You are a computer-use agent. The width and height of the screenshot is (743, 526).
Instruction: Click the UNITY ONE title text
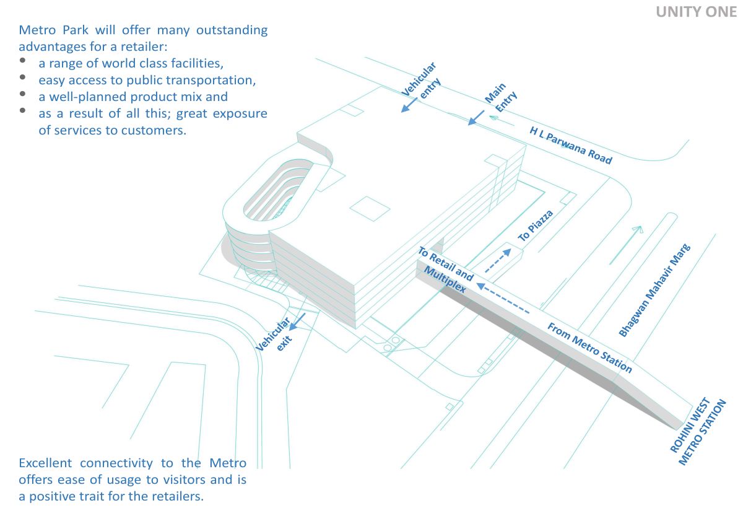coord(696,12)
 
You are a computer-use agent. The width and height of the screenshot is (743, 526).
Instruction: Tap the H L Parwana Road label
coord(570,146)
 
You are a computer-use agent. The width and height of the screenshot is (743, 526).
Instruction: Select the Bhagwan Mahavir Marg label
coord(654,290)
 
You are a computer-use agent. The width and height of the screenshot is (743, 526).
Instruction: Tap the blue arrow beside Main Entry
coord(476,117)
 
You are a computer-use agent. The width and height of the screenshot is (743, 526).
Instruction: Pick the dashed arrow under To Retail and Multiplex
coord(503,298)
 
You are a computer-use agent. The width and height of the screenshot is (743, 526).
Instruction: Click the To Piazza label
coord(535,226)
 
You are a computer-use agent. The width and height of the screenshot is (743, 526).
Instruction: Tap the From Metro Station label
coord(589,348)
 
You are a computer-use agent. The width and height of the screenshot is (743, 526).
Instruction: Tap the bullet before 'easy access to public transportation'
coord(24,77)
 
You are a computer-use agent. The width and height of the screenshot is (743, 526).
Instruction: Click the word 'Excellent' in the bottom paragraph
coord(46,463)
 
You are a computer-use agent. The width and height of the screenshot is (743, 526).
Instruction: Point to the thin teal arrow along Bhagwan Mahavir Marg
coord(625,244)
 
